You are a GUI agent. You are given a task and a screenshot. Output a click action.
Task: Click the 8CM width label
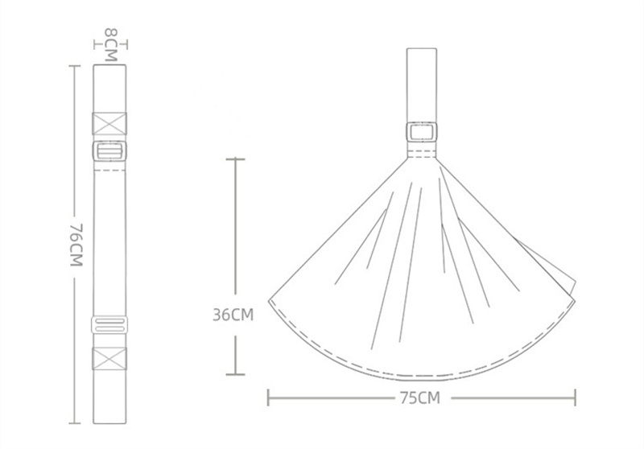point(111,44)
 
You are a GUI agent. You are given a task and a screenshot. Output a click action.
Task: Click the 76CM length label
point(76,245)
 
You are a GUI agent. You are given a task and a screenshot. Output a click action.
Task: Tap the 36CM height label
point(233,315)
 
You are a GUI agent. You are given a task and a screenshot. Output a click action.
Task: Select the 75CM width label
point(419,398)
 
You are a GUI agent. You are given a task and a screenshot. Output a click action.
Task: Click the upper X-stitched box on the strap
point(109,124)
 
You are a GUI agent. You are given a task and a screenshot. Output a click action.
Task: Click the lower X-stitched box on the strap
point(109,358)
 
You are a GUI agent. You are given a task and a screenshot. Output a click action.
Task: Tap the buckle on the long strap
point(109,150)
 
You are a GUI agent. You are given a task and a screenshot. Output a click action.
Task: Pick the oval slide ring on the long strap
point(109,324)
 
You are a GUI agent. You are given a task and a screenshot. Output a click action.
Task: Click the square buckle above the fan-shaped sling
point(422,132)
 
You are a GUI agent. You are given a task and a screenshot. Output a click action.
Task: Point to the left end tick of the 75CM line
point(268,398)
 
